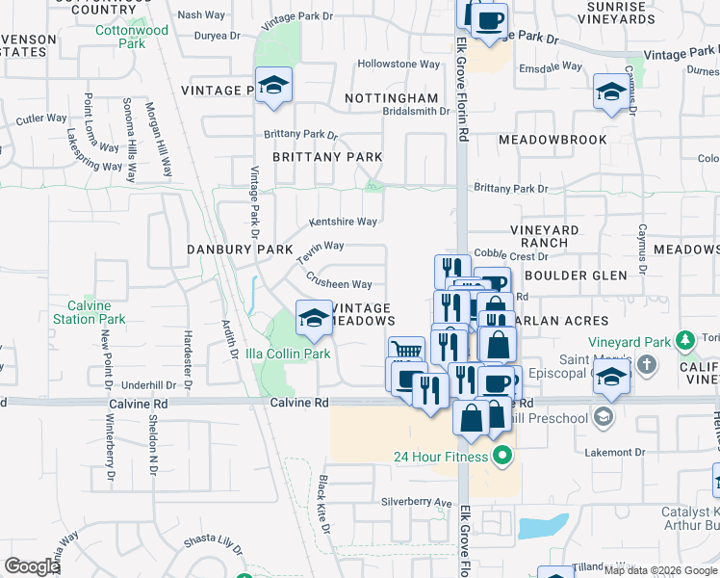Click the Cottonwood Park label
132,37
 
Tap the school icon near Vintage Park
273,86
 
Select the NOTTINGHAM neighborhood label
391,99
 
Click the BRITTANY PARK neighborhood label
327,157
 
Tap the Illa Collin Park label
288,354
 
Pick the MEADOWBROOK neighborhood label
553,140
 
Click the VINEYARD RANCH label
545,237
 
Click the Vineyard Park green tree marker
684,340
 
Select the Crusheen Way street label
339,285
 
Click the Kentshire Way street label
343,222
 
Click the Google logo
33,566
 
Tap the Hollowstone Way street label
399,65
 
